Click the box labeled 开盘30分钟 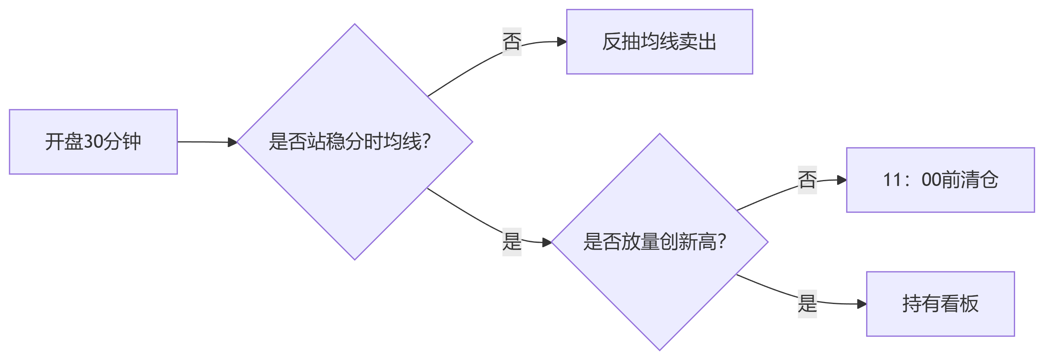pyautogui.click(x=93, y=141)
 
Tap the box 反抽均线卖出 pyautogui.click(x=659, y=41)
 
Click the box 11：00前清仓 pyautogui.click(x=940, y=180)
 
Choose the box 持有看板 pyautogui.click(x=940, y=304)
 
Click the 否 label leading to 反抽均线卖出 pyautogui.click(x=511, y=41)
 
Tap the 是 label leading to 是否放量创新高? pyautogui.click(x=511, y=242)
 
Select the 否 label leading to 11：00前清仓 pyautogui.click(x=807, y=180)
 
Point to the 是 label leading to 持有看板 pyautogui.click(x=807, y=304)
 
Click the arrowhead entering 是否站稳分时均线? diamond pyautogui.click(x=232, y=142)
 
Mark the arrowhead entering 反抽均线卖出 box pyautogui.click(x=562, y=42)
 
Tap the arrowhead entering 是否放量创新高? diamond pyautogui.click(x=547, y=242)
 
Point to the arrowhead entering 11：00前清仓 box pyautogui.click(x=842, y=180)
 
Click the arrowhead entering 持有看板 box pyautogui.click(x=862, y=304)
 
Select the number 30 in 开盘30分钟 pyautogui.click(x=94, y=141)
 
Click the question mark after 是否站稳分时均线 pyautogui.click(x=426, y=141)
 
